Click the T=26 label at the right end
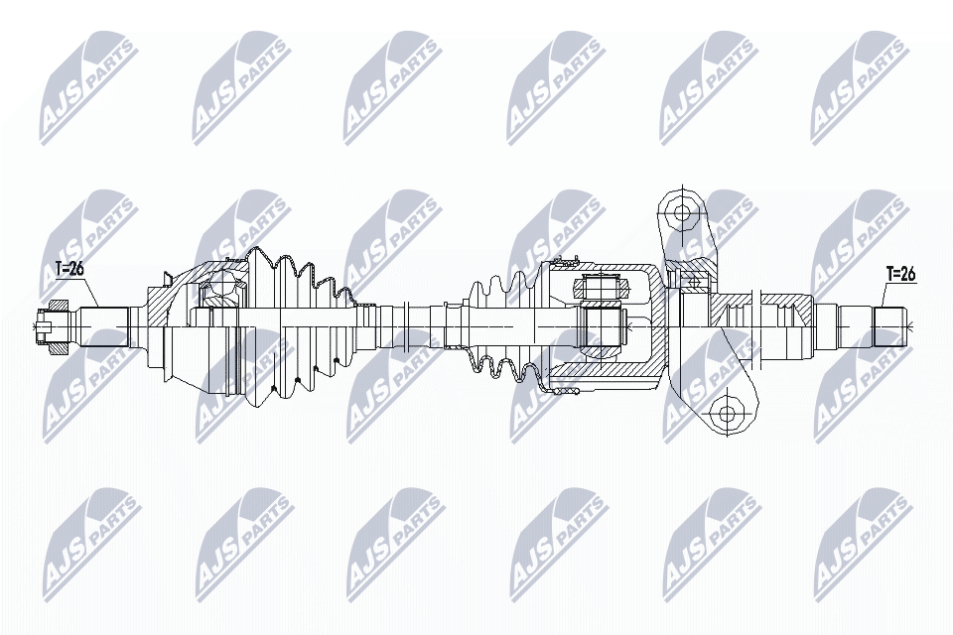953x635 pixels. [899, 274]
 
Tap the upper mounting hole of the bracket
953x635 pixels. [681, 211]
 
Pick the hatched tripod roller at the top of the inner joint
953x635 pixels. [602, 288]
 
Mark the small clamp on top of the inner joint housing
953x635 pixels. [563, 263]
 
